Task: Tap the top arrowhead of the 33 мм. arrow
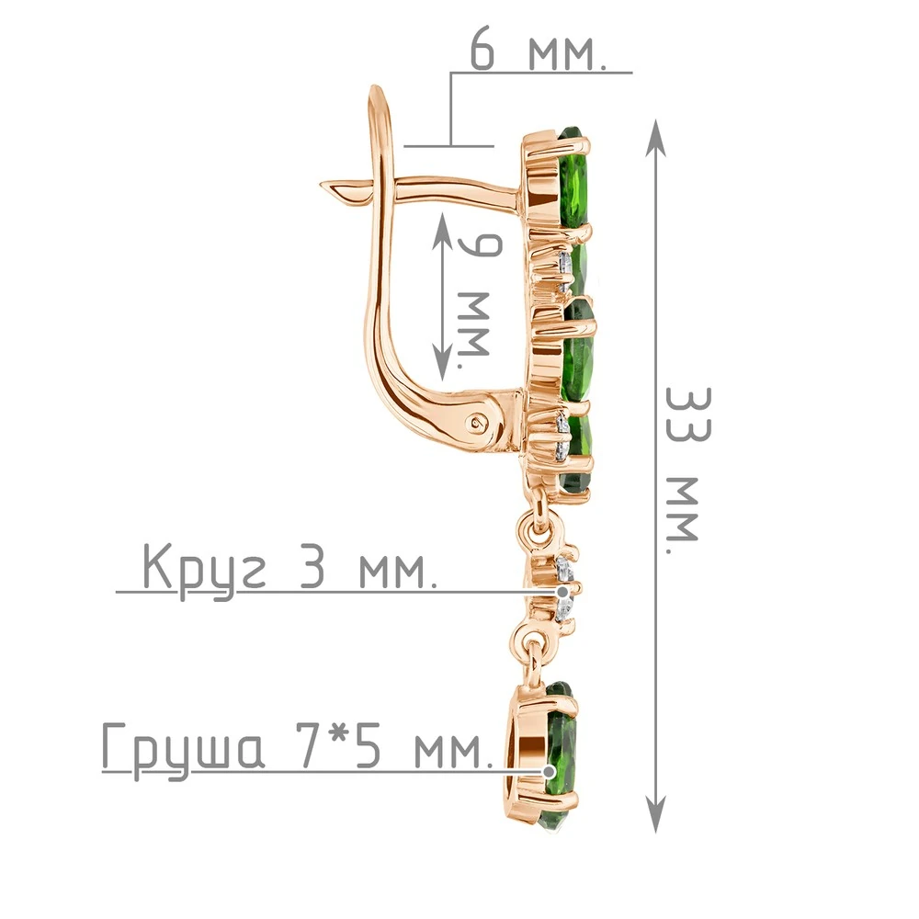(656, 139)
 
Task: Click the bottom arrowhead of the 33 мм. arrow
(656, 813)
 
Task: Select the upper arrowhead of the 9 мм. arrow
(443, 231)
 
